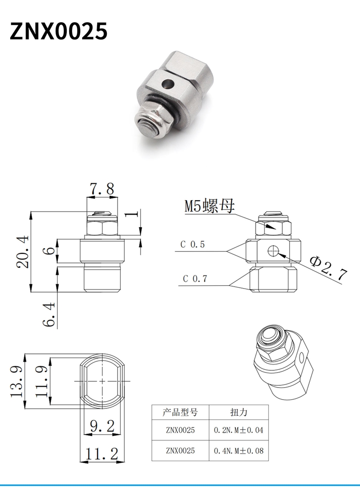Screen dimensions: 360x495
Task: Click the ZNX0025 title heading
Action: pyautogui.click(x=58, y=31)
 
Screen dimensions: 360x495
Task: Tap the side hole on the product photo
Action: pyautogui.click(x=167, y=84)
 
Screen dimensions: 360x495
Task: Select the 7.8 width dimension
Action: pyautogui.click(x=102, y=189)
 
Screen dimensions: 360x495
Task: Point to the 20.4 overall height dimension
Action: pyautogui.click(x=23, y=251)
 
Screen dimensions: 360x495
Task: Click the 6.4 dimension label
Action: pyautogui.click(x=49, y=314)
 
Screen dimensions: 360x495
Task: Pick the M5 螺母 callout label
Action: pyautogui.click(x=210, y=206)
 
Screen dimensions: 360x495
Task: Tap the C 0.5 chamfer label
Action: pyautogui.click(x=192, y=244)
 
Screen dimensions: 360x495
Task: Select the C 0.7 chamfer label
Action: pyautogui.click(x=195, y=279)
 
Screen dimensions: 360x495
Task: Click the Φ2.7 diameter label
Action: pyautogui.click(x=329, y=268)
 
